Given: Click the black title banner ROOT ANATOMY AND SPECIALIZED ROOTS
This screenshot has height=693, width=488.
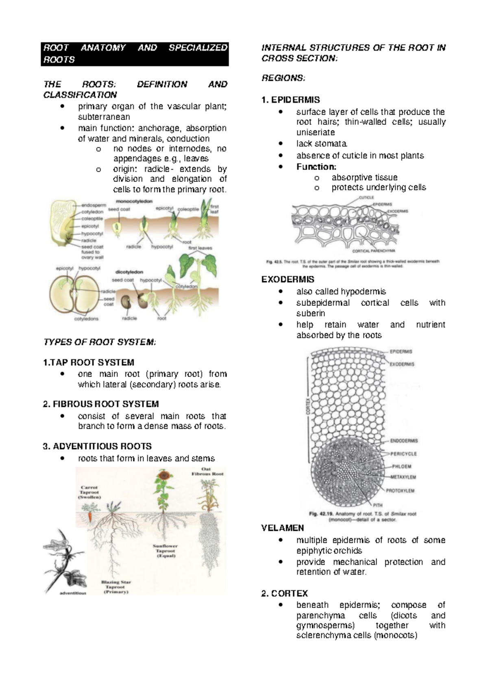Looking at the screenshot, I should click(x=135, y=54).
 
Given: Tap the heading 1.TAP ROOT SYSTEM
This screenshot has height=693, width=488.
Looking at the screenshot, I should click(x=88, y=362).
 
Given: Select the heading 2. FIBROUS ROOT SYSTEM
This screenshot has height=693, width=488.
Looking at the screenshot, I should click(x=100, y=404).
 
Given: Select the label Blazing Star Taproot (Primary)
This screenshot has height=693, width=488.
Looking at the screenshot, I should click(x=116, y=587).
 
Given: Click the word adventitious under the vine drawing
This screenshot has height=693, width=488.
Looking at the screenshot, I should click(x=73, y=593).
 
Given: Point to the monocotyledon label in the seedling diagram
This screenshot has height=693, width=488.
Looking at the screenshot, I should click(x=134, y=201).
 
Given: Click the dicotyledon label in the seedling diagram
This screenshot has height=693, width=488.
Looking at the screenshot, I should click(x=129, y=272).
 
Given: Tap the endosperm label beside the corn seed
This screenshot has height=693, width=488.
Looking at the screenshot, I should click(x=94, y=205).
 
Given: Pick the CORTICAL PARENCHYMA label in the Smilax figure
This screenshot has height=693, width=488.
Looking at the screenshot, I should click(x=373, y=251).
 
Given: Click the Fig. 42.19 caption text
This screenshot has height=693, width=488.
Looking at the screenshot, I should click(x=362, y=516).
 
